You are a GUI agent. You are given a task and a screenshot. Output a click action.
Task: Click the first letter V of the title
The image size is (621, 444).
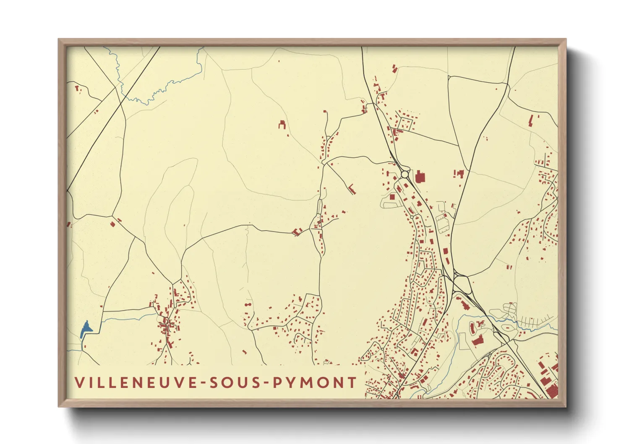[79, 383]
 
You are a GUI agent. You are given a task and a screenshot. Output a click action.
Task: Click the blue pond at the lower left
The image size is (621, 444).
[85, 329]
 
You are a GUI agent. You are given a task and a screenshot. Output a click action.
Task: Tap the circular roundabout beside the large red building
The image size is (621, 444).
[405, 173]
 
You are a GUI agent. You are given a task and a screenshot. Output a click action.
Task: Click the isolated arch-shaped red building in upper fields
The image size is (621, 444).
[282, 124]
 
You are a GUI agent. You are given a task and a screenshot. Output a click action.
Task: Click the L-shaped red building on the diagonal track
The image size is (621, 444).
[352, 189]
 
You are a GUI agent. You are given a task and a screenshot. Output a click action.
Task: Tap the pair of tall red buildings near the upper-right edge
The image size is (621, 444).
[531, 120]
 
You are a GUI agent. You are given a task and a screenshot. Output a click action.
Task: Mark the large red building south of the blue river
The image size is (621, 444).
[477, 340]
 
